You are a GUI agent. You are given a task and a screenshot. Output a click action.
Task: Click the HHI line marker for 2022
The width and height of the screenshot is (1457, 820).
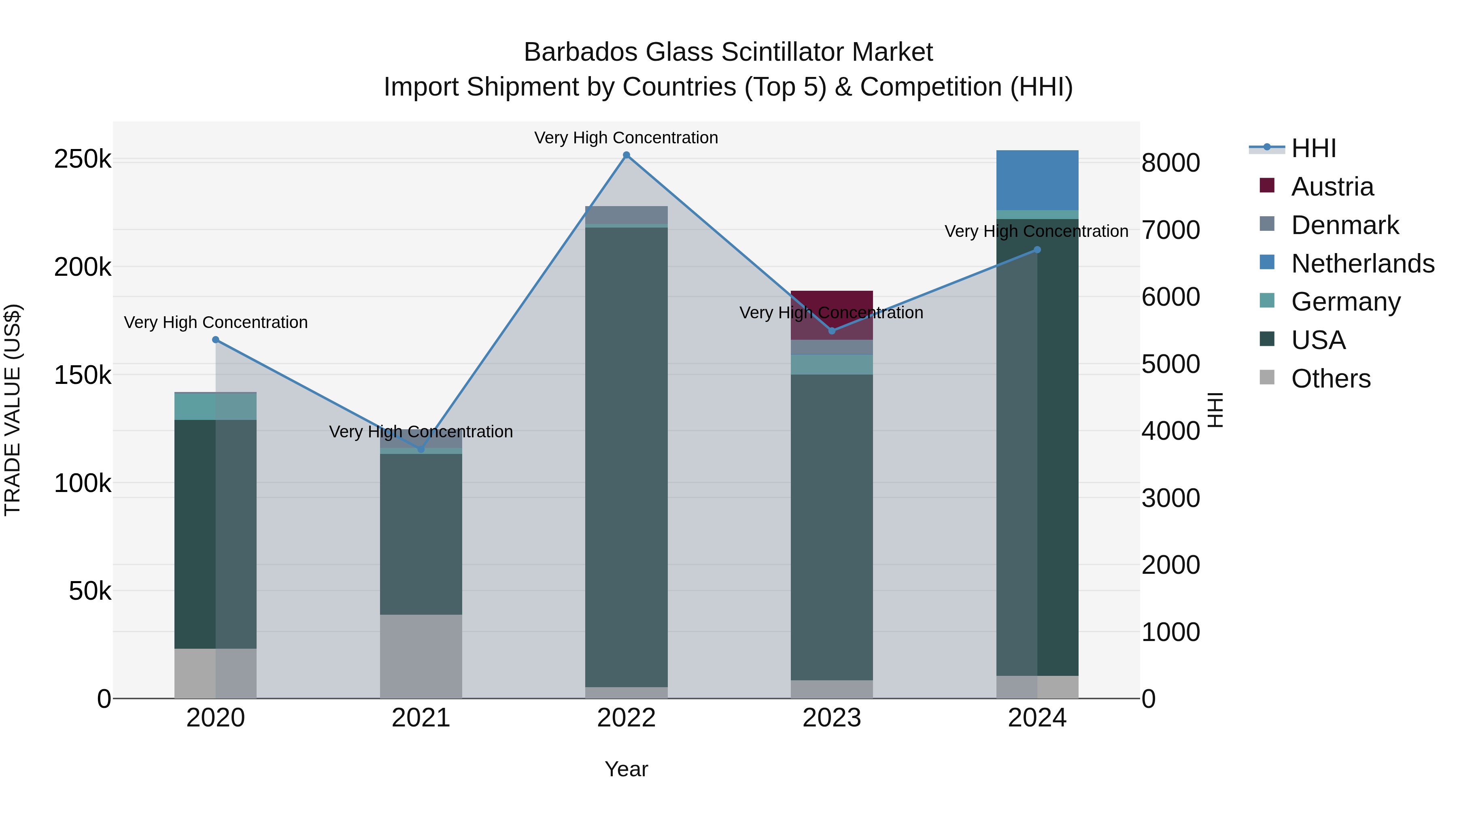coord(626,155)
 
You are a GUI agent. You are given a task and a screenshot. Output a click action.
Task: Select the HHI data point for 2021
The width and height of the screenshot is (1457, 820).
coord(421,449)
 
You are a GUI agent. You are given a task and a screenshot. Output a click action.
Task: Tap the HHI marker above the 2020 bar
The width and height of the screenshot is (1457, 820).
coord(215,340)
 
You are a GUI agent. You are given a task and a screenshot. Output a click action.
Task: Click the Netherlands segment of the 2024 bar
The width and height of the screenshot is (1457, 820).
coord(1037,180)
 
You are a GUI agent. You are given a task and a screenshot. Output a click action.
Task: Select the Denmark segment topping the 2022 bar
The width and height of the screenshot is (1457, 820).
coord(626,215)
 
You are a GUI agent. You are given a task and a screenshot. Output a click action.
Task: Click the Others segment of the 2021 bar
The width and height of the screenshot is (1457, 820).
coord(421,656)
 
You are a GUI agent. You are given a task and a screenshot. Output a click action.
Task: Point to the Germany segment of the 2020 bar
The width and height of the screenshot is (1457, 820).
coord(215,406)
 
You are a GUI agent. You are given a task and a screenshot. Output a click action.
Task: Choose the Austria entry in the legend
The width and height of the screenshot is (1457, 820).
coord(1332,187)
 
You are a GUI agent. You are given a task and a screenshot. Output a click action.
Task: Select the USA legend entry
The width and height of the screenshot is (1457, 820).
coord(1318,340)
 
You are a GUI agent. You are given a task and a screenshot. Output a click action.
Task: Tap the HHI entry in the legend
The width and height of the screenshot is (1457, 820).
coord(1313,148)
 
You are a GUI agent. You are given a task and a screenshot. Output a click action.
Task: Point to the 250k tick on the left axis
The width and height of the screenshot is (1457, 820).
coord(83,159)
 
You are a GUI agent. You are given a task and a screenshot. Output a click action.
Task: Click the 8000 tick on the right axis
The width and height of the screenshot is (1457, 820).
coord(1170,163)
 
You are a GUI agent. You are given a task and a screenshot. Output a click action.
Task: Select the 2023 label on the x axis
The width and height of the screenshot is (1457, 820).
coord(831,718)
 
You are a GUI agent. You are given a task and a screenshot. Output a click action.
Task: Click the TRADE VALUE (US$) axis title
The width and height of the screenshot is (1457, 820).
coord(13,410)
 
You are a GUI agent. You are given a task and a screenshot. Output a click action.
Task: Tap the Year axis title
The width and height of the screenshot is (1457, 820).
coord(626,769)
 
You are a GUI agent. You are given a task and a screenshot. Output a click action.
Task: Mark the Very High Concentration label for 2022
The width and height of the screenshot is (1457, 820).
coord(626,138)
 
